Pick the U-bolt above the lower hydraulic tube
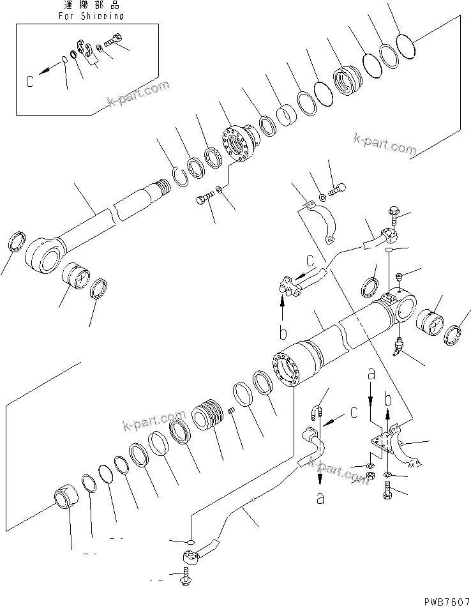pos(318,413)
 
